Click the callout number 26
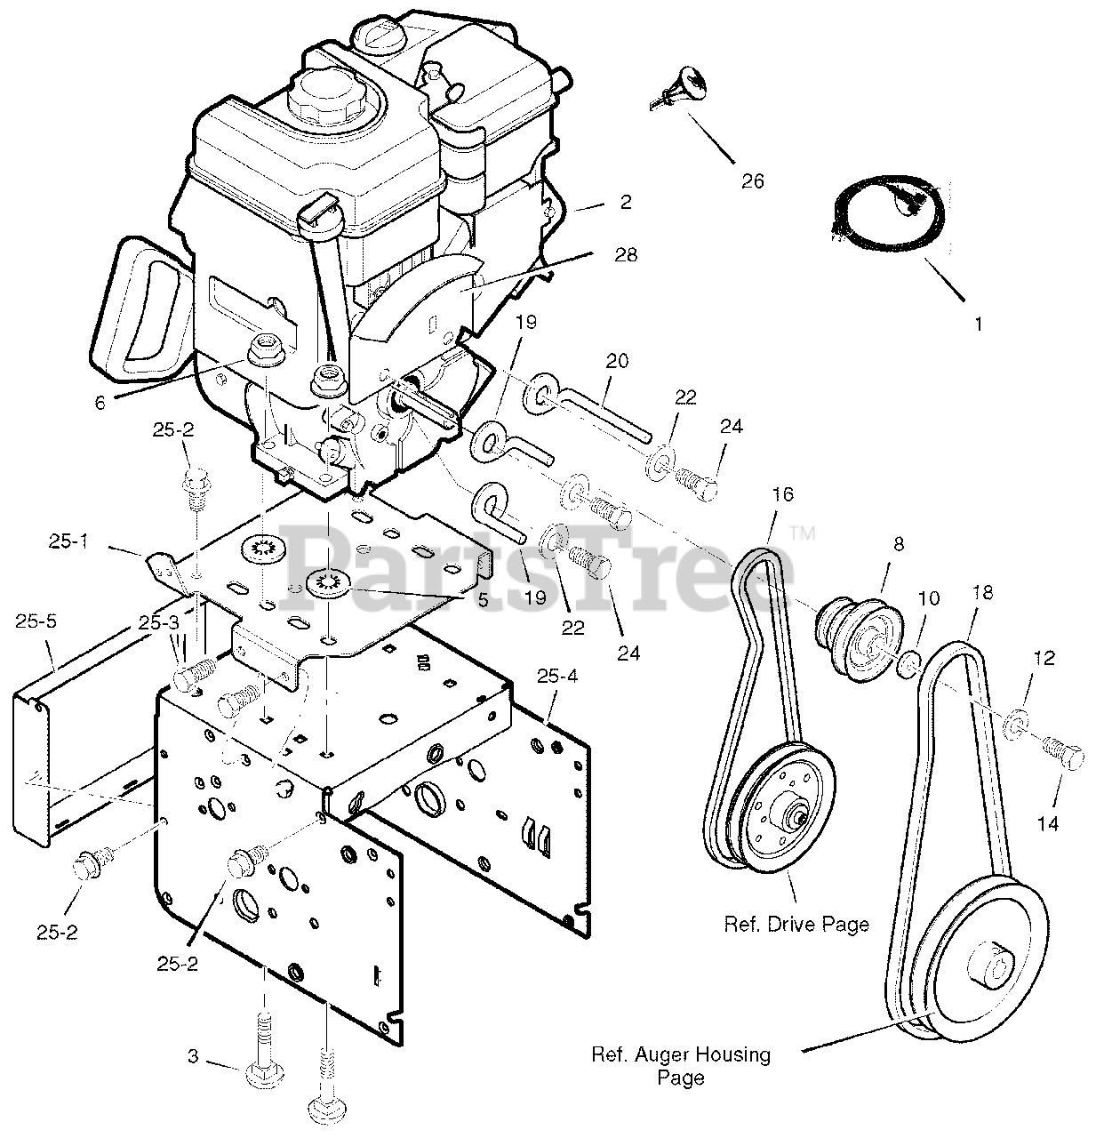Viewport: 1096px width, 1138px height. tap(752, 181)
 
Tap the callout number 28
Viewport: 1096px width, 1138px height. tap(626, 255)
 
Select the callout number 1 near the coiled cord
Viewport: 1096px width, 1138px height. tap(979, 325)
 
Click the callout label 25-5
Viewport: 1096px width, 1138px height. tap(36, 621)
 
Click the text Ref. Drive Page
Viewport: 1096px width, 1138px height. tap(796, 925)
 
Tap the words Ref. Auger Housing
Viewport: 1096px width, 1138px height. tap(681, 1055)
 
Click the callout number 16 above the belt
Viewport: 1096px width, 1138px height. tap(782, 494)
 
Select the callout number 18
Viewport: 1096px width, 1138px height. tap(983, 593)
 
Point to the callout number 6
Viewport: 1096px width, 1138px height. tap(100, 403)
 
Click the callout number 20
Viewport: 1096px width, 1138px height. tap(617, 361)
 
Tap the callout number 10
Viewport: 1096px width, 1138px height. tap(928, 598)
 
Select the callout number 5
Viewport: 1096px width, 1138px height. tap(483, 599)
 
